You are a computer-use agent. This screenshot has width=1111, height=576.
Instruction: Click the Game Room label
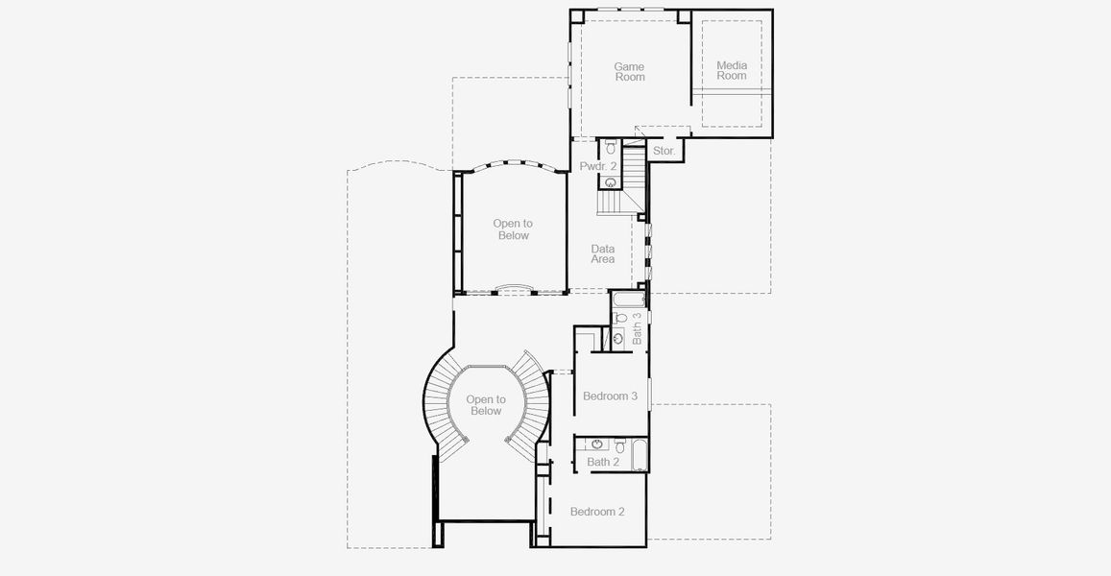point(630,72)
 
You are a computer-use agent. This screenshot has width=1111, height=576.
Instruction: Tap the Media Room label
point(732,70)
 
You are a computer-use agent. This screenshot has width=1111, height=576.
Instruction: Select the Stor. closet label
point(664,152)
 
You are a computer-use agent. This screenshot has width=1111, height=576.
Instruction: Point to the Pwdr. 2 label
point(597,167)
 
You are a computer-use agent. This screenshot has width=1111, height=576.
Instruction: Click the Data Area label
point(603,253)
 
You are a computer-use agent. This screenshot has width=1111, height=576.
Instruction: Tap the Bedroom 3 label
point(610,396)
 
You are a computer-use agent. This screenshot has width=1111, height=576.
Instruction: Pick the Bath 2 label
point(603,462)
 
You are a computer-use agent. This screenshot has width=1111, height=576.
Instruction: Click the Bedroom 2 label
point(597,512)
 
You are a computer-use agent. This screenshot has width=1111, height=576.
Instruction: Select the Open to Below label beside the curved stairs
point(486,405)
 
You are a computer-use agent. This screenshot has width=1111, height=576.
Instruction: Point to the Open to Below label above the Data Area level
point(513,229)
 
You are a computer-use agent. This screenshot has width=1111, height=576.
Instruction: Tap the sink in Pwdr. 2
point(611,181)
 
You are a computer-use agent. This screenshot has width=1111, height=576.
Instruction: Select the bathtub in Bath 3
point(630,300)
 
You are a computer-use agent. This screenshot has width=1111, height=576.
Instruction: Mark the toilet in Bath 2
point(620,445)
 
